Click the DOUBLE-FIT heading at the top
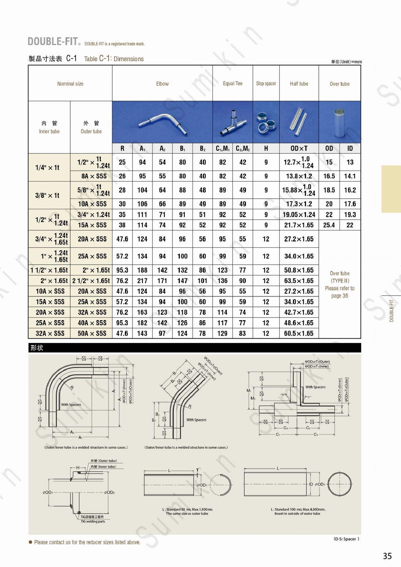(53, 41)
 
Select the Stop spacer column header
(266, 83)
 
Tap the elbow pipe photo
(162, 123)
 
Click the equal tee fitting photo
(233, 123)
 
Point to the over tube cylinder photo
(340, 123)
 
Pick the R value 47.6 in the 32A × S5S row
(122, 333)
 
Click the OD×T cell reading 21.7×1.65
(299, 225)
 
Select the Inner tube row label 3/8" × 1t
(47, 195)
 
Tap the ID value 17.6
(350, 204)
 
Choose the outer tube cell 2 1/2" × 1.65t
(91, 281)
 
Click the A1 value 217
(142, 281)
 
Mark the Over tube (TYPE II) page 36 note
(340, 285)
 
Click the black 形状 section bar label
(37, 348)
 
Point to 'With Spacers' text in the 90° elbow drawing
(71, 404)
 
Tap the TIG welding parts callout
(93, 521)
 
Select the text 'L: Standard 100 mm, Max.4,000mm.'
(298, 509)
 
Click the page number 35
(387, 556)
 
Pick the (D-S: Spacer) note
(346, 539)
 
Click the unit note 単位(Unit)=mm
(346, 62)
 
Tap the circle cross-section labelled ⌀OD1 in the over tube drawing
(340, 484)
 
